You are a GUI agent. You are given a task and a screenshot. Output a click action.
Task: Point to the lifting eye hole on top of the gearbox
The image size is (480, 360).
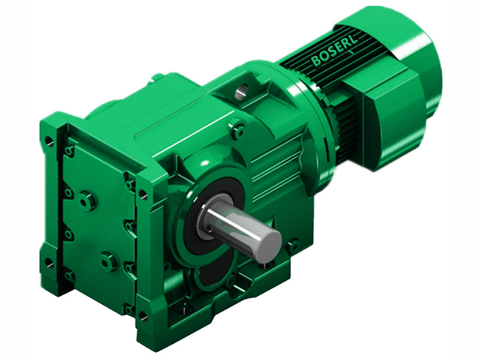tap(241, 91)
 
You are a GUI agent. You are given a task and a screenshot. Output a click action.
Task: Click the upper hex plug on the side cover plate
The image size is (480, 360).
tap(88, 199)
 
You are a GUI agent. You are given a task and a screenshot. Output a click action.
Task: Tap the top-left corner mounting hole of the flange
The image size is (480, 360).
tap(49, 142)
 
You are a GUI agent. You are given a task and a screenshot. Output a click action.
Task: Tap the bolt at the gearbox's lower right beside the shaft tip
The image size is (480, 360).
tap(293, 245)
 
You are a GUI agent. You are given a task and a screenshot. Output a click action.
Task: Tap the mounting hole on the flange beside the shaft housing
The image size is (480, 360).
tap(143, 194)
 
